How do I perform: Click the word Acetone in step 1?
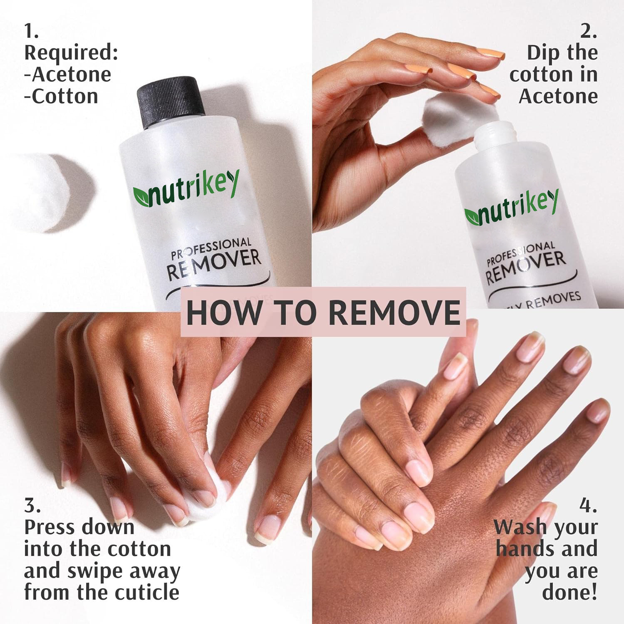(72, 75)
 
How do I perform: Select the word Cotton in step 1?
(65, 97)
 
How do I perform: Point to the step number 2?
(588, 32)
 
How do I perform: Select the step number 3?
(32, 506)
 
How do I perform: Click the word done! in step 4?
(569, 592)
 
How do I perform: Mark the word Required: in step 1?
(71, 53)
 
